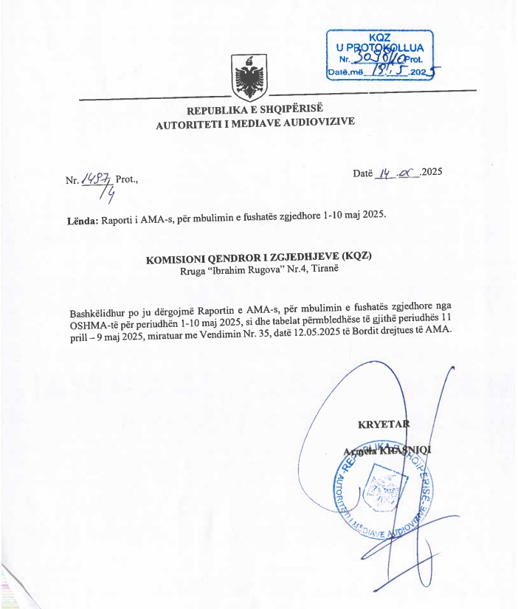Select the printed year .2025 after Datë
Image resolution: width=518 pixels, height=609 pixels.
430,172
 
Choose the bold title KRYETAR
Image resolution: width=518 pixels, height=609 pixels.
383,424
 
